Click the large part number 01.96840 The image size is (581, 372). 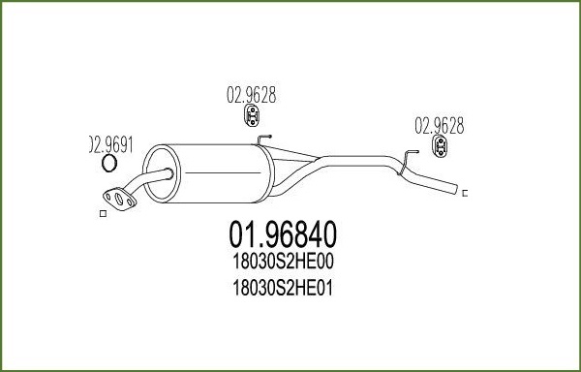click(x=283, y=234)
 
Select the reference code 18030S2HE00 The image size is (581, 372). click(x=283, y=262)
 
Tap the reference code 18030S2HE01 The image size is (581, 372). click(x=283, y=288)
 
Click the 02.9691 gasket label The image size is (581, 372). click(x=111, y=145)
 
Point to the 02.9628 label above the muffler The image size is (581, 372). click(x=252, y=95)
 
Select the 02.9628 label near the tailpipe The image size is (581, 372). click(x=439, y=126)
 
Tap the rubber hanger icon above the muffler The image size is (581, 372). click(x=252, y=115)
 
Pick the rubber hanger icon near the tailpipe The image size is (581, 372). click(x=440, y=146)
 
